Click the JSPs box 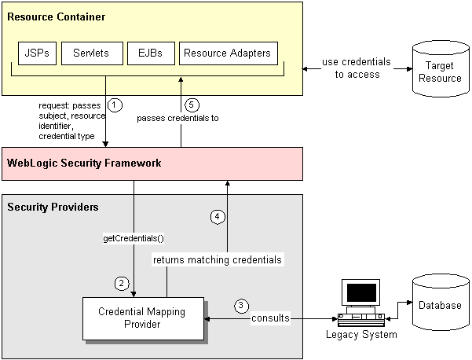click(36, 53)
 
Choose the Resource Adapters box click(227, 53)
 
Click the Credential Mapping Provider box click(142, 318)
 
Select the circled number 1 click(115, 105)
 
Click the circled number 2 click(121, 283)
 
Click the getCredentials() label click(134, 237)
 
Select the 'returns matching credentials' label click(218, 259)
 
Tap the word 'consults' click(270, 318)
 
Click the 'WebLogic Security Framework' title click(84, 163)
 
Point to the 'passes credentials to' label click(177, 119)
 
